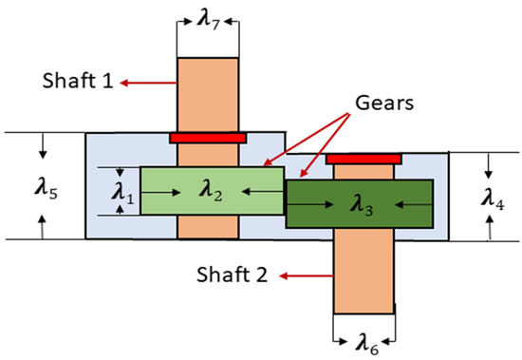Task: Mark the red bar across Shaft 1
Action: coord(208,138)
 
